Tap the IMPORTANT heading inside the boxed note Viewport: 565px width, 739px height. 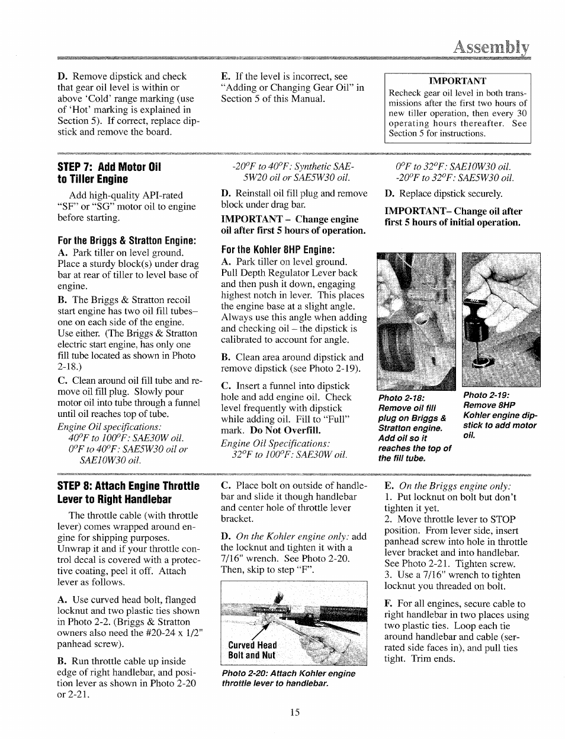[x=457, y=81]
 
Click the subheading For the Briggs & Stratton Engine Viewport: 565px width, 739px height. [x=127, y=241]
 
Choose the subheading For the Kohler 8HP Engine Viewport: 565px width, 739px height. [x=278, y=249]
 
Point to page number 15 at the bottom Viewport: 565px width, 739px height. [x=295, y=712]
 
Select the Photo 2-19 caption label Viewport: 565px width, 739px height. [x=486, y=395]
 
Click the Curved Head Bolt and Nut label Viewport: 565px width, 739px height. [x=252, y=650]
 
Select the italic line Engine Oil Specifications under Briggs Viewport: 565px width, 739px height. [x=110, y=427]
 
